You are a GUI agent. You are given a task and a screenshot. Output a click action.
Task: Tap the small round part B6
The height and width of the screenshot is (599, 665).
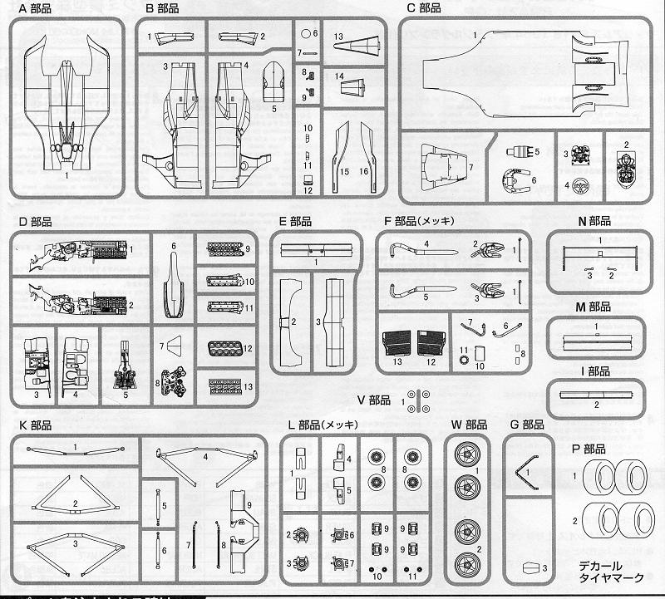(x=306, y=34)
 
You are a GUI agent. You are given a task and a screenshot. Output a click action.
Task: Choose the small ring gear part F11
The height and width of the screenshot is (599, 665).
(x=465, y=360)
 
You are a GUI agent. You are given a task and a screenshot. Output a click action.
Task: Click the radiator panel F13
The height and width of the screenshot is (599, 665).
(x=395, y=342)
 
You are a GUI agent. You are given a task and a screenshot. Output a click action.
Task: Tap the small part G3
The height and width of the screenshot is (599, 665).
(x=526, y=569)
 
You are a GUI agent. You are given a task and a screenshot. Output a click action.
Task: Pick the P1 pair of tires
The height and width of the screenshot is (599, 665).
(x=614, y=479)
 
